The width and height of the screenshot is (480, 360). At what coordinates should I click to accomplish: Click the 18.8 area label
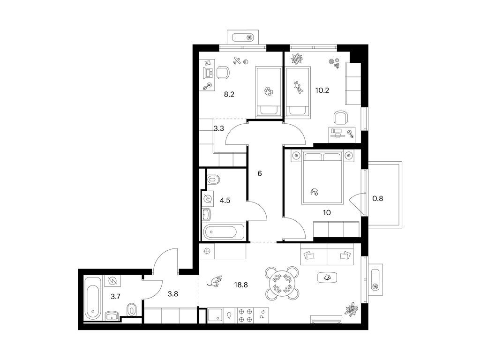(x=241, y=285)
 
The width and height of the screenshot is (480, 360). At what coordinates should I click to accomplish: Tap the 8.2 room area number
(x=229, y=95)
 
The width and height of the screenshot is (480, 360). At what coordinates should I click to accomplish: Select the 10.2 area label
(x=322, y=90)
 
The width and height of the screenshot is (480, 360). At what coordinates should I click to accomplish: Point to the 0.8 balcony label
(x=377, y=199)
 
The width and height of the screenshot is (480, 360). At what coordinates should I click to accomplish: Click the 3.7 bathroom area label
(x=115, y=296)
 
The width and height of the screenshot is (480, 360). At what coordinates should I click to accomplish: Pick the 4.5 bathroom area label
(x=225, y=201)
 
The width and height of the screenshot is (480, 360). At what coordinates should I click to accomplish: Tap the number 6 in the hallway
(x=260, y=173)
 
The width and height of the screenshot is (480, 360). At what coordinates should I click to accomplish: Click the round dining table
(x=282, y=283)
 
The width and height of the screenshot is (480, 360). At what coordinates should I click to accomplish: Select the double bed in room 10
(x=322, y=178)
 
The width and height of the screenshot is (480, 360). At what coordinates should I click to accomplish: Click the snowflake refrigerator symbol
(x=207, y=252)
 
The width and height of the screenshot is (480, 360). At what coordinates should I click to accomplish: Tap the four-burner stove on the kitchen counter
(x=246, y=315)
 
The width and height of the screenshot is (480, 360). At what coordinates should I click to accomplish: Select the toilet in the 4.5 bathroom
(x=213, y=180)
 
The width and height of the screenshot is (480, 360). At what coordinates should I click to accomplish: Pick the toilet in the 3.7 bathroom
(x=132, y=310)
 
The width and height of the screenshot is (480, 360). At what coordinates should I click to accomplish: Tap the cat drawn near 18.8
(x=215, y=281)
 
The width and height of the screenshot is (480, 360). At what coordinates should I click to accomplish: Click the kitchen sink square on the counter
(x=215, y=315)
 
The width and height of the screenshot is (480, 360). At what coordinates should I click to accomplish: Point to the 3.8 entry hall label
(x=172, y=294)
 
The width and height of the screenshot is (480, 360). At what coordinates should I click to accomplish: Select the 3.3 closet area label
(x=219, y=128)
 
